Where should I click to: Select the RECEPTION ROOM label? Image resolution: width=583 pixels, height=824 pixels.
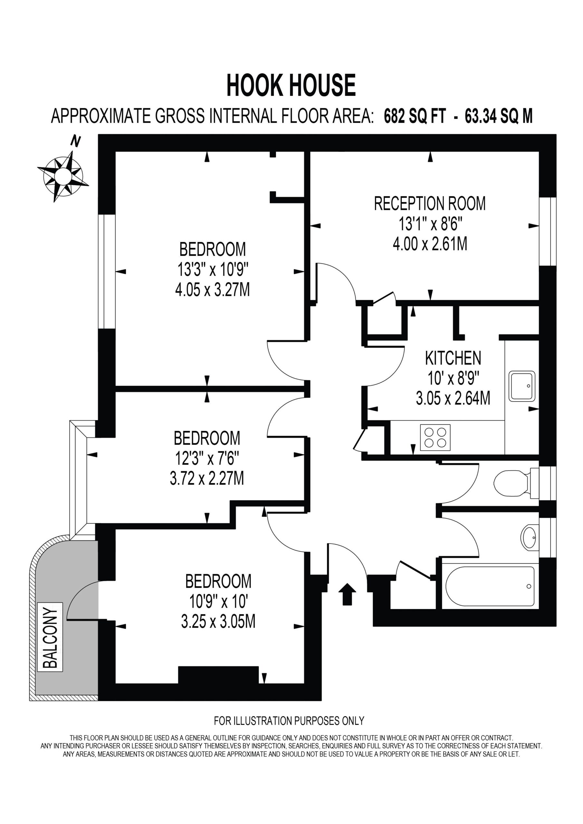[x=430, y=203]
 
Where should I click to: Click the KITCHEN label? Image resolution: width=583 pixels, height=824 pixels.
[x=453, y=358]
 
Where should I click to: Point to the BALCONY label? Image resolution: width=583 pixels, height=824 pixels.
[x=50, y=637]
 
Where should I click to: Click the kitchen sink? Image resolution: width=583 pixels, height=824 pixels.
[x=521, y=386]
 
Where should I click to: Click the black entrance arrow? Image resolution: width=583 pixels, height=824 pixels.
[x=347, y=594]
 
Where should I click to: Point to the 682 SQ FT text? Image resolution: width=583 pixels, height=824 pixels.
[x=415, y=116]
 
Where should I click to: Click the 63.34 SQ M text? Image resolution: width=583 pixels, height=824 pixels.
[x=499, y=116]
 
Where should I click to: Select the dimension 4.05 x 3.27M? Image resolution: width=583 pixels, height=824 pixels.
[x=212, y=290]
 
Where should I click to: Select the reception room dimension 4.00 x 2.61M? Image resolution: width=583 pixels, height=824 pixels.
[x=430, y=244]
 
